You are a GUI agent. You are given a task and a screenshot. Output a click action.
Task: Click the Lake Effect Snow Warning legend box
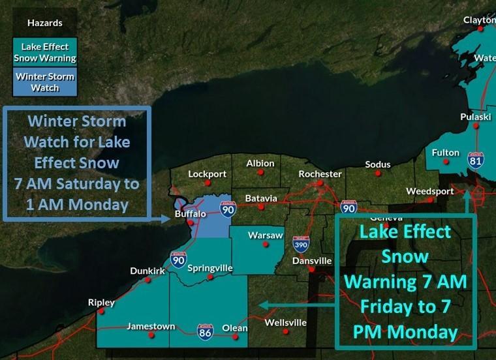pyautogui.click(x=44, y=52)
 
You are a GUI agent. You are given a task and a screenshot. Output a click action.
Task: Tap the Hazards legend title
pyautogui.click(x=44, y=23)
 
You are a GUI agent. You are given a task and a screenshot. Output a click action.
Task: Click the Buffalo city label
pyautogui.click(x=191, y=214)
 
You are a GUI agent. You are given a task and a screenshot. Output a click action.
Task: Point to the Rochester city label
pyautogui.click(x=320, y=174)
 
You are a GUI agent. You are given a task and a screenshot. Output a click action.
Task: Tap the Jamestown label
pyautogui.click(x=151, y=325)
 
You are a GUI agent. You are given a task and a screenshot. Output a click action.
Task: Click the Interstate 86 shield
pyautogui.click(x=205, y=331)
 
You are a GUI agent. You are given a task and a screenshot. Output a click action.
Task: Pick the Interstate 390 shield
pyautogui.click(x=301, y=244)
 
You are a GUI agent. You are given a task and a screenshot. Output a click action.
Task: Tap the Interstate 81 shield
pyautogui.click(x=475, y=160)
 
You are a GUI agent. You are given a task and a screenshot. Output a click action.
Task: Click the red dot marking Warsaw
pyautogui.click(x=266, y=245)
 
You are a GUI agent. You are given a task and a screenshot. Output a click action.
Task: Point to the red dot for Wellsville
pyautogui.click(x=286, y=332)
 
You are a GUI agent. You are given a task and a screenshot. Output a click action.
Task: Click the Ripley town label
pyautogui.click(x=101, y=303)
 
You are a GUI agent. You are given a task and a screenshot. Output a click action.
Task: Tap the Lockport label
pyautogui.click(x=207, y=174)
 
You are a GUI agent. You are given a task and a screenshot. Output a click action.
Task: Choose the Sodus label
pyautogui.click(x=377, y=164)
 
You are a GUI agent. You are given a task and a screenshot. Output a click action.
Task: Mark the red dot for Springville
pyautogui.click(x=210, y=277)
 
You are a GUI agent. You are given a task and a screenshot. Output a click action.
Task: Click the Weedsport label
pyautogui.click(x=429, y=191)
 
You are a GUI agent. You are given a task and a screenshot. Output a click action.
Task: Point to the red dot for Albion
pyautogui.click(x=260, y=173)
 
